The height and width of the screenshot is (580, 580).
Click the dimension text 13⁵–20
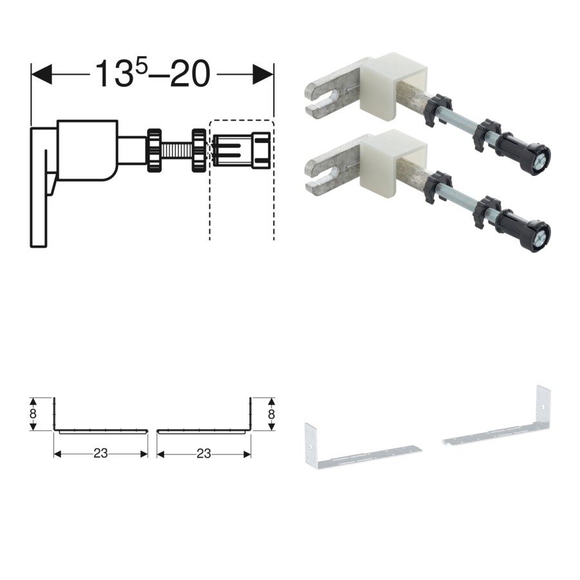(153, 73)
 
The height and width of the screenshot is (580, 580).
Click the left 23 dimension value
(101, 454)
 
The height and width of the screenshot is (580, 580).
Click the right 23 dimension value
(204, 454)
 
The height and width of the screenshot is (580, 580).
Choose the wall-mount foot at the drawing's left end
(40, 187)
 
